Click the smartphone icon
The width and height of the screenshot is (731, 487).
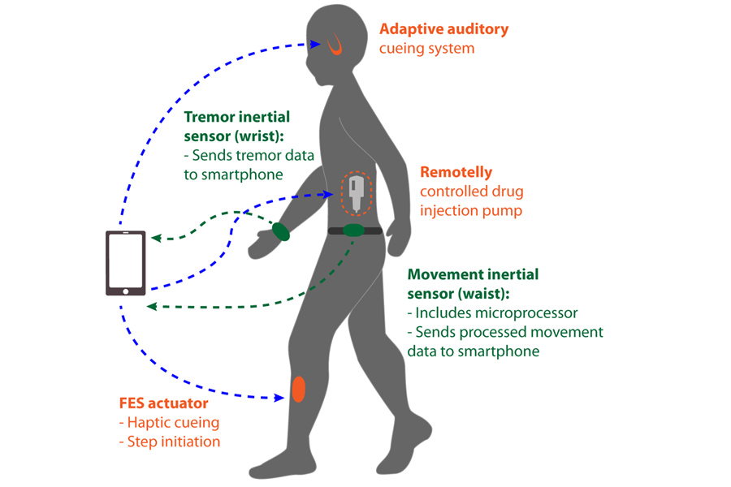pyautogui.click(x=125, y=263)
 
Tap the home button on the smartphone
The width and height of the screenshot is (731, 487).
pyautogui.click(x=125, y=291)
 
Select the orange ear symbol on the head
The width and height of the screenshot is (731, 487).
pyautogui.click(x=335, y=45)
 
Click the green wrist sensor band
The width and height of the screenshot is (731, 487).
pyautogui.click(x=281, y=231)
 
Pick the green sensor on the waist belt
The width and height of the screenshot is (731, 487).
pyautogui.click(x=354, y=230)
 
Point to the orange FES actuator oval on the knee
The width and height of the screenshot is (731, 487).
pyautogui.click(x=298, y=389)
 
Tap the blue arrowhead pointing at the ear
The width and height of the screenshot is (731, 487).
pyautogui.click(x=315, y=45)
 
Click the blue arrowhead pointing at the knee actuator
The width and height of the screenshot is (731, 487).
pyautogui.click(x=279, y=398)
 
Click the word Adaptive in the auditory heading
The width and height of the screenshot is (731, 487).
pyautogui.click(x=410, y=29)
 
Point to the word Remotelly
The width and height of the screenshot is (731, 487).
pyautogui.click(x=456, y=172)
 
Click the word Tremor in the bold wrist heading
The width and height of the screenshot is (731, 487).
pyautogui.click(x=210, y=117)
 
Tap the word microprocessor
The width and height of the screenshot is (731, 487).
pyautogui.click(x=526, y=313)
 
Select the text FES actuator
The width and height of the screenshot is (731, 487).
pyautogui.click(x=163, y=403)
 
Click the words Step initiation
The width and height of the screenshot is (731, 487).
pyautogui.click(x=174, y=442)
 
